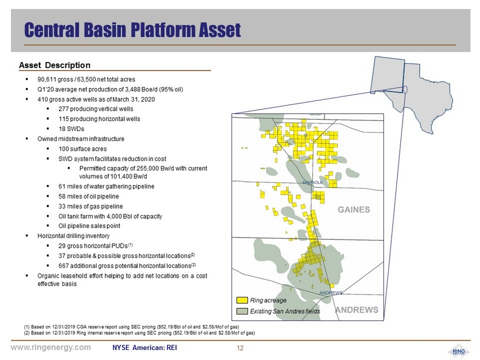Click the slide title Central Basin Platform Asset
[x=133, y=30]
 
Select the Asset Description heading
[x=55, y=65]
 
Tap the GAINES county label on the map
[x=354, y=209]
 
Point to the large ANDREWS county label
[x=357, y=310]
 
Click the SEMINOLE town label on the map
[x=312, y=182]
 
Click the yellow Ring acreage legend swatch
[x=242, y=300]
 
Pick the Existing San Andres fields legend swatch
[x=242, y=311]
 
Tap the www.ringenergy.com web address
[x=51, y=347]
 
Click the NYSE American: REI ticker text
[x=145, y=348]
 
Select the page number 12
[x=240, y=348]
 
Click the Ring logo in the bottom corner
[x=459, y=352]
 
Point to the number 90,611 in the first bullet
[x=47, y=80]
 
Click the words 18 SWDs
[x=71, y=129]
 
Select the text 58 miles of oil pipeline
[x=89, y=196]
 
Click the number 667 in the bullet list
[x=63, y=266]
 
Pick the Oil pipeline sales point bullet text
[x=89, y=226]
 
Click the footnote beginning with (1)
[x=132, y=327]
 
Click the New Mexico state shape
[x=387, y=74]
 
